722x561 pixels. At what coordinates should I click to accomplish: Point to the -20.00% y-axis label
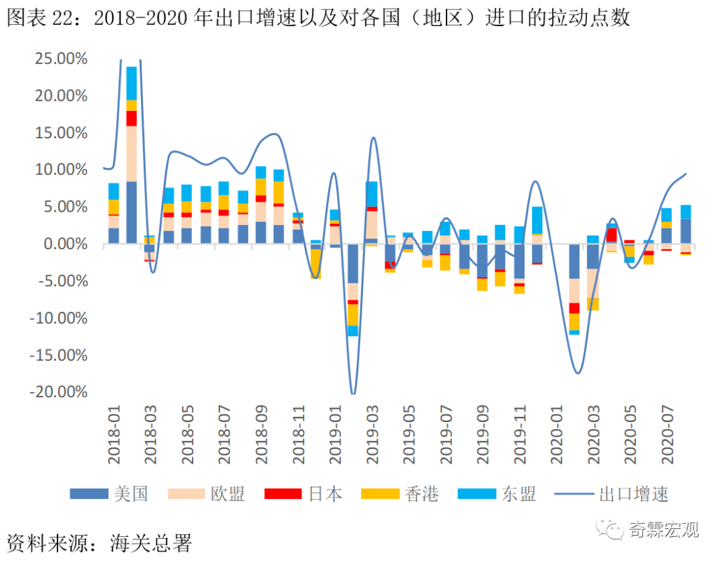click(x=59, y=391)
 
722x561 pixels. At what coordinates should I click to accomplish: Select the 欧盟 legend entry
click(x=207, y=494)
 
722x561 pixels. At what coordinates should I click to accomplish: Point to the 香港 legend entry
click(x=400, y=494)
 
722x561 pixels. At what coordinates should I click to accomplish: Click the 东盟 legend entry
click(x=497, y=494)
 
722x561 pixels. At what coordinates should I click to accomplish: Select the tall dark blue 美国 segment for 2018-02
click(x=132, y=212)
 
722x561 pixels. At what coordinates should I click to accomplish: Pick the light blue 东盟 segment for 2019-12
click(x=537, y=220)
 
